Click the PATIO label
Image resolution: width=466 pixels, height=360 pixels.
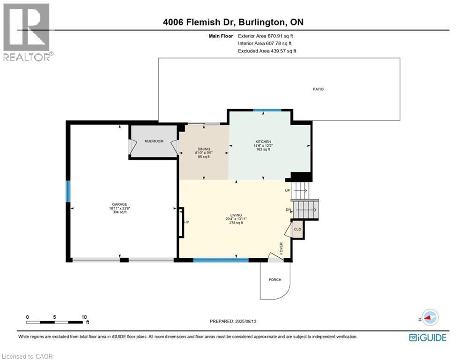(x=318, y=89)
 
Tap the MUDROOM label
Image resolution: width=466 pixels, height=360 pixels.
(x=154, y=141)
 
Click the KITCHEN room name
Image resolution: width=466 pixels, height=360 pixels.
(x=263, y=142)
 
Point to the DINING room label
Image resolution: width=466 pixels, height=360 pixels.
(x=203, y=149)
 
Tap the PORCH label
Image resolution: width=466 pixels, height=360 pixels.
(x=275, y=280)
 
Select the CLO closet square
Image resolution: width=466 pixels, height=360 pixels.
(x=297, y=230)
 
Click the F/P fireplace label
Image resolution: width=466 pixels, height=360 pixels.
(x=186, y=222)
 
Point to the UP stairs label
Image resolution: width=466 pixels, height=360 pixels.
(x=288, y=191)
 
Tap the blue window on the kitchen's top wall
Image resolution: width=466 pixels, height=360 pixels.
(x=267, y=110)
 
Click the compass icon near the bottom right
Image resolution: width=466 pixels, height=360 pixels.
(x=429, y=317)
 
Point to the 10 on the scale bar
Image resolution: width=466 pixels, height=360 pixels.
(x=84, y=317)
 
